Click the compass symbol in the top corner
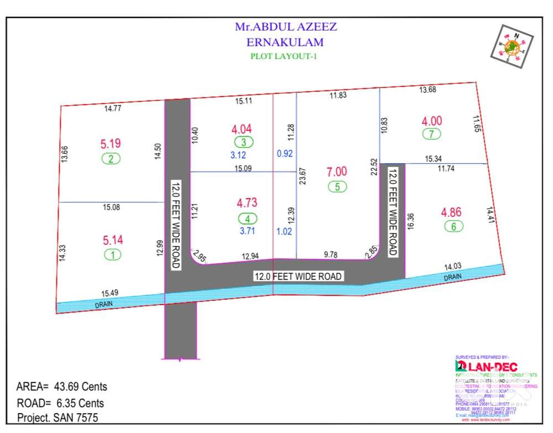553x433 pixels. (x=512, y=46)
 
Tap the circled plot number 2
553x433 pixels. (x=111, y=159)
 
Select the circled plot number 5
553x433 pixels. (x=337, y=186)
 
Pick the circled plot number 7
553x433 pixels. (x=431, y=134)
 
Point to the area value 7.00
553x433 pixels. (x=337, y=172)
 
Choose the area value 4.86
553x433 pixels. (x=452, y=212)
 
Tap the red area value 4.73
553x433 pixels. (x=247, y=202)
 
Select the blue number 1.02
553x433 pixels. (x=284, y=232)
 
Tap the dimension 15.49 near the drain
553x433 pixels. (x=110, y=293)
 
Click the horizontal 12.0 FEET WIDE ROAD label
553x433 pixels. (x=298, y=276)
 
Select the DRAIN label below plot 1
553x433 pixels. (x=103, y=305)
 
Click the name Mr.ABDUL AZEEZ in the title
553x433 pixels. (x=286, y=26)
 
